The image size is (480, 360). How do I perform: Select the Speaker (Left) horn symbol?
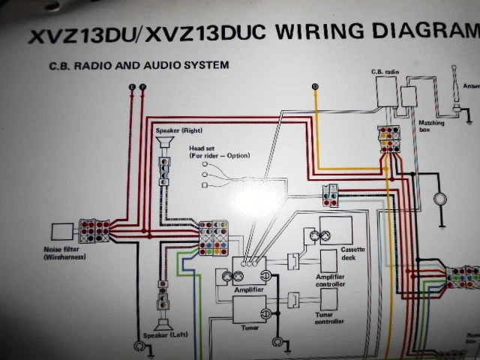(x=161, y=324)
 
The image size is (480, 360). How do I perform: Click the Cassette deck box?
(x=335, y=229)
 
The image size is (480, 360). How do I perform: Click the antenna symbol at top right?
(x=455, y=90)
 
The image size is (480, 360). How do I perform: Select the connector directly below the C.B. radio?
(x=388, y=139)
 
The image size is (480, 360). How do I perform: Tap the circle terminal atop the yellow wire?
(x=315, y=88)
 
